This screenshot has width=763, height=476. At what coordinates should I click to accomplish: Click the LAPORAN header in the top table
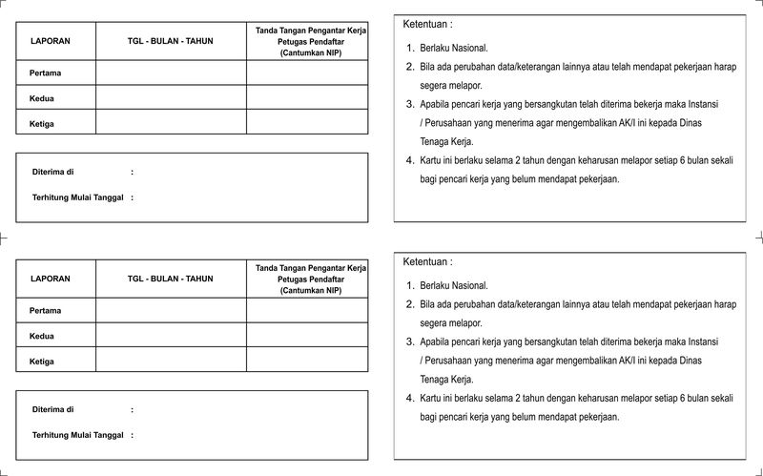point(50,42)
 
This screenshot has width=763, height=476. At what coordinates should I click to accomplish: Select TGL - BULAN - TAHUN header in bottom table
point(170,279)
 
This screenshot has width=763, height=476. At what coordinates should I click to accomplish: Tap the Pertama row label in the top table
point(45,72)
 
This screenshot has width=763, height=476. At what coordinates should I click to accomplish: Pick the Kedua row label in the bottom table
point(41,336)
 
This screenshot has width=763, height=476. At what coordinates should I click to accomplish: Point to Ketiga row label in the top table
point(41,123)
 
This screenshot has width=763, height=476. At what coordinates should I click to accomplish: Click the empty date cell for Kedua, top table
point(171,97)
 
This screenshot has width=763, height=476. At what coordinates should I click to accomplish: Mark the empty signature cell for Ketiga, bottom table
point(307,361)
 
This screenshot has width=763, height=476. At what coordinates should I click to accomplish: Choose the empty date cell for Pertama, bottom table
point(171,310)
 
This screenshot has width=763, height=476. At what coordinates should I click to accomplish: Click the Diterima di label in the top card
point(52,172)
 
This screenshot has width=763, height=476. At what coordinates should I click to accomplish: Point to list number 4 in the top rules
point(409,161)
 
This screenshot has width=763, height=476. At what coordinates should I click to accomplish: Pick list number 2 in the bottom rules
point(409,304)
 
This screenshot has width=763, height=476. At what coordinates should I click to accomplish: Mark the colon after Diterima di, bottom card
point(132,409)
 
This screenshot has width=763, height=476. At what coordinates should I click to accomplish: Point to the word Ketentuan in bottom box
point(427,261)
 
